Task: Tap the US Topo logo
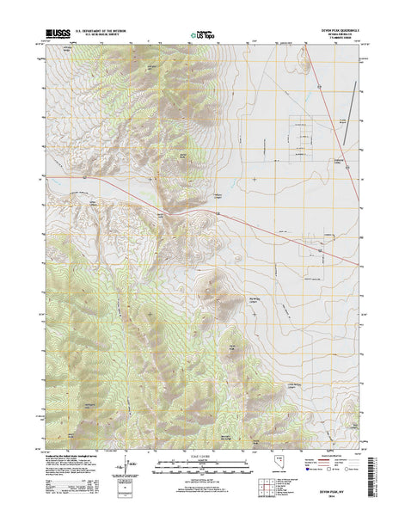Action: (x=199, y=34)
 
